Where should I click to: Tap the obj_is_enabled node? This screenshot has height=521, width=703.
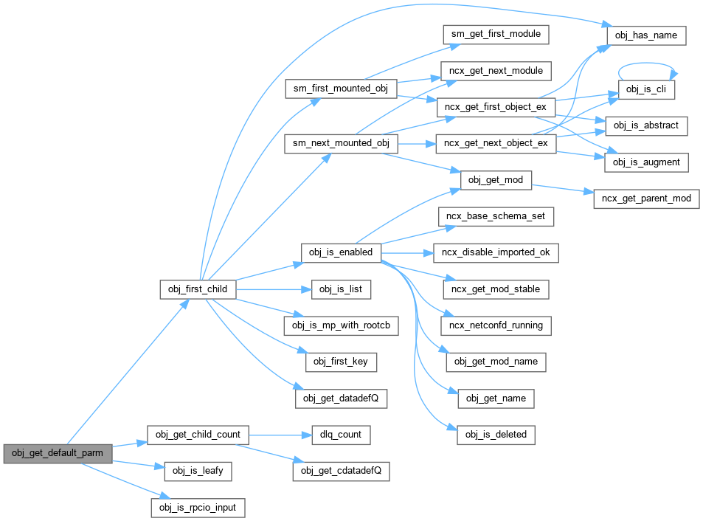click(x=341, y=253)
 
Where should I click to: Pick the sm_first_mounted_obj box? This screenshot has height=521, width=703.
click(x=342, y=89)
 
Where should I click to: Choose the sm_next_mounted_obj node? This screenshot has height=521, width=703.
click(x=342, y=143)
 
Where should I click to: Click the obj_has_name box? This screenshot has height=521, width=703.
click(x=646, y=35)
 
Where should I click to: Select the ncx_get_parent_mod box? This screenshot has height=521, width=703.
click(x=646, y=199)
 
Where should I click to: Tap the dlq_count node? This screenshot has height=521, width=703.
click(x=339, y=435)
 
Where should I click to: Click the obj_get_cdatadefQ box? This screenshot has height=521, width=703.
click(x=341, y=471)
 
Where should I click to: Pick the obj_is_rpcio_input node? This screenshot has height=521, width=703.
click(x=198, y=508)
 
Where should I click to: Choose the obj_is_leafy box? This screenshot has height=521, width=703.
click(x=198, y=471)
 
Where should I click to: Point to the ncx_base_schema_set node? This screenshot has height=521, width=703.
click(x=496, y=217)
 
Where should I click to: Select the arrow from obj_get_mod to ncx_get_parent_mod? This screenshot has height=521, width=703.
click(x=562, y=188)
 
